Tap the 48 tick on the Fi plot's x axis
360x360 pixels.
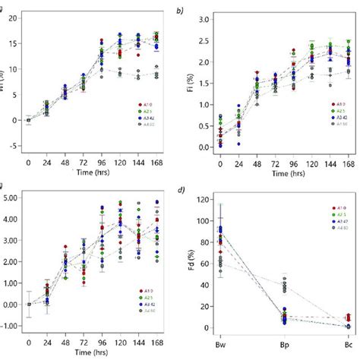click(x=257, y=161)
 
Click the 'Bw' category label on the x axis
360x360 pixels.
click(x=220, y=343)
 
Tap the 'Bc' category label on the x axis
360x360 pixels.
click(x=348, y=343)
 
